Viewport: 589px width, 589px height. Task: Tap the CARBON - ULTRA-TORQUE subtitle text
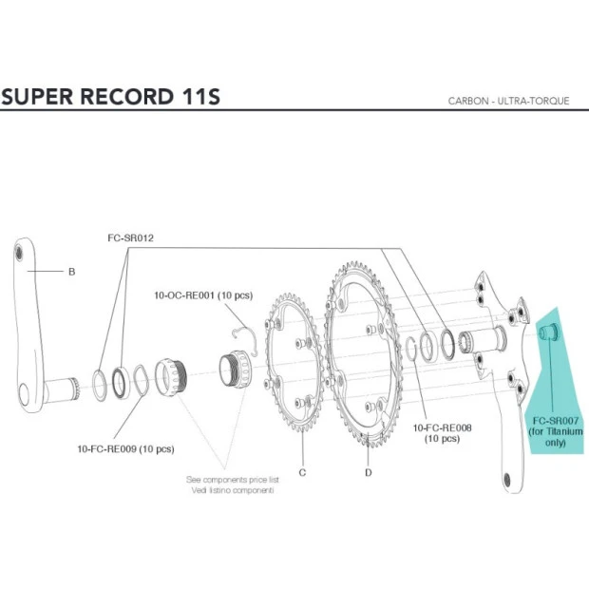[x=508, y=101]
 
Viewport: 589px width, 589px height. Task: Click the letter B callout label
[x=71, y=272]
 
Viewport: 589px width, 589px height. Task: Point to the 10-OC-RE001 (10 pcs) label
[x=203, y=295]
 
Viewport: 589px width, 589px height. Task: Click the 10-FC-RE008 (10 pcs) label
[x=442, y=433]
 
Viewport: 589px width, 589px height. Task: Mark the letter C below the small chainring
[x=301, y=471]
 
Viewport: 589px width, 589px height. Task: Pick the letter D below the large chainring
[x=368, y=471]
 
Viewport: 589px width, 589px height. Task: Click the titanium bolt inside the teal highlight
[x=550, y=332]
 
